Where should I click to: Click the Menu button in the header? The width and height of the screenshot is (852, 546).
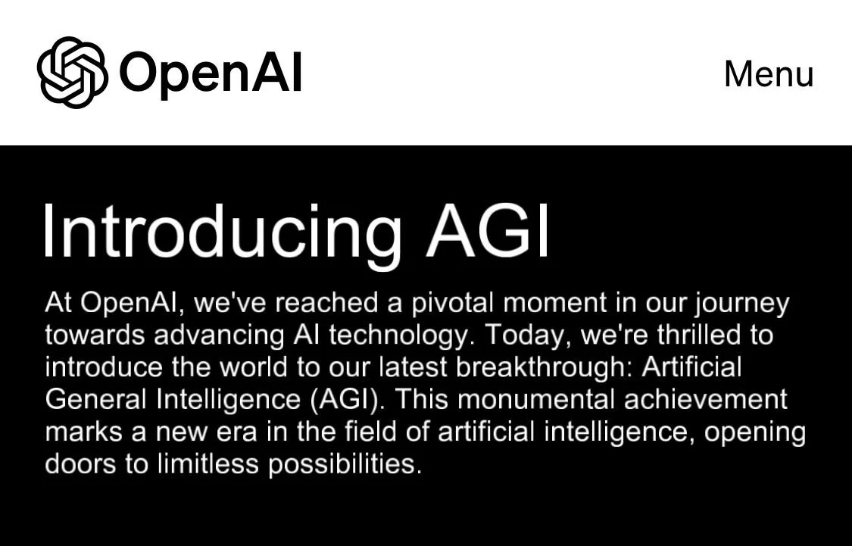pos(769,74)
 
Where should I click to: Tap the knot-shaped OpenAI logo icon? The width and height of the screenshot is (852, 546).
pos(72,73)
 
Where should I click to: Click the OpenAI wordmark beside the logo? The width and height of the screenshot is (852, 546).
pos(211,73)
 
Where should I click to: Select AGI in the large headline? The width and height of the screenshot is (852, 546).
pos(488,230)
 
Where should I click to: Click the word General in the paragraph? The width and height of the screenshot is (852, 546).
pos(97,399)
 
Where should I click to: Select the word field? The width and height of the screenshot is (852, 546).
pos(370,431)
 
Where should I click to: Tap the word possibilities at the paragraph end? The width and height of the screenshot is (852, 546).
pos(344,464)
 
